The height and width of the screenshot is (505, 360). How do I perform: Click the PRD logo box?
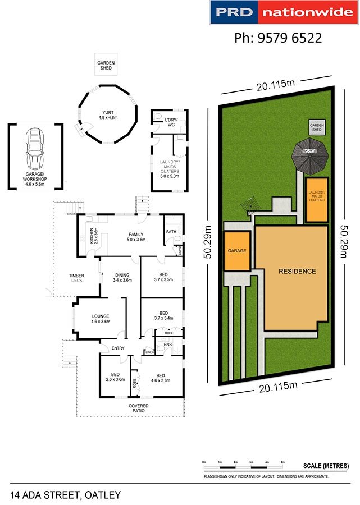[234, 12]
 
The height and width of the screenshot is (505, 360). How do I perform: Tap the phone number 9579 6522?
[277, 38]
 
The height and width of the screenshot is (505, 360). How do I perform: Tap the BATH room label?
[170, 232]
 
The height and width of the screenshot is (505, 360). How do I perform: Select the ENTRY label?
[118, 348]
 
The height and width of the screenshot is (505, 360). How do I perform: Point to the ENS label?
[167, 344]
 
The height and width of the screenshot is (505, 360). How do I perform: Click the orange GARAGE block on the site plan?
[236, 251]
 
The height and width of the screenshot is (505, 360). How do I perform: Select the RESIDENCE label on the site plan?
[297, 271]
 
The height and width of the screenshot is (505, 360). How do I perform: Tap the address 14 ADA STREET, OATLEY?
[66, 494]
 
